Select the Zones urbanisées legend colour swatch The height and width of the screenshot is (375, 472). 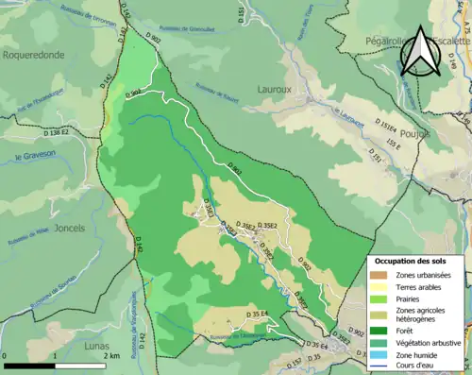pos(379,274)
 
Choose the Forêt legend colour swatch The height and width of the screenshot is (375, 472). pos(379,331)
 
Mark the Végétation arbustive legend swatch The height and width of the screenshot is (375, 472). pos(379,342)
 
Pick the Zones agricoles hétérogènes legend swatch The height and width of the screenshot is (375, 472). pos(379,314)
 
